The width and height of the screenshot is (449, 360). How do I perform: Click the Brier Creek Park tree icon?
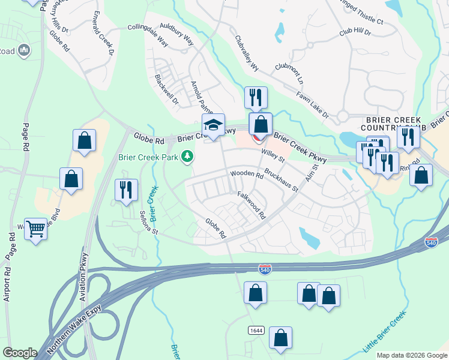[188, 157]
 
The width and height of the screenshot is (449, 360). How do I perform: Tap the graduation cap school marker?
[212, 125]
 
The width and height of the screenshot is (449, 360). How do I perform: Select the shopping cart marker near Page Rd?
[36, 228]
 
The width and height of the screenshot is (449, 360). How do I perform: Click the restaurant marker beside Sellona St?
[126, 190]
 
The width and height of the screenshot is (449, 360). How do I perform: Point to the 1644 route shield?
[256, 331]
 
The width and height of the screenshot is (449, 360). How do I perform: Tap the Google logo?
[20, 353]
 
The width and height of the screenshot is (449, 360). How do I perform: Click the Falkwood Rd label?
[252, 204]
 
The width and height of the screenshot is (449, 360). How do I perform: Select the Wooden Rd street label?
[247, 175]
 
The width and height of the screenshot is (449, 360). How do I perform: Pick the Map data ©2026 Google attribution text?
[412, 355]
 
